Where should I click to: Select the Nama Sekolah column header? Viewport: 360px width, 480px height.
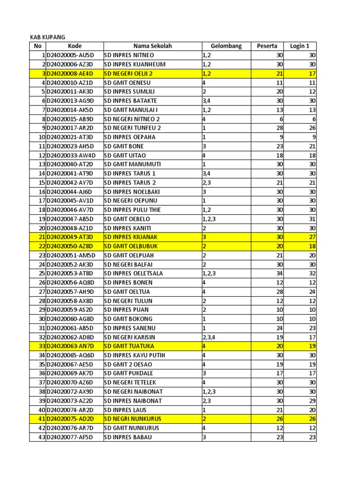pyautogui.click(x=153, y=46)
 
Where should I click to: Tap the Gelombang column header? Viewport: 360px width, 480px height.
pyautogui.click(x=226, y=46)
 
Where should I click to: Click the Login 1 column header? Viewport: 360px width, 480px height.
pyautogui.click(x=300, y=46)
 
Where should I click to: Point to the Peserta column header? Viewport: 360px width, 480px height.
pyautogui.click(x=267, y=46)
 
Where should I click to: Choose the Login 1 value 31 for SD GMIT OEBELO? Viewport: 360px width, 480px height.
pyautogui.click(x=312, y=219)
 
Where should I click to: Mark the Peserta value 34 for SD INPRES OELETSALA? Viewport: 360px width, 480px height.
pyautogui.click(x=279, y=274)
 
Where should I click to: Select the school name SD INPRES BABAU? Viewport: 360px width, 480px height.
pyautogui.click(x=127, y=437)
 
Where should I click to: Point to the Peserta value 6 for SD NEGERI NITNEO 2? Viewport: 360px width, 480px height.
pyautogui.click(x=281, y=119)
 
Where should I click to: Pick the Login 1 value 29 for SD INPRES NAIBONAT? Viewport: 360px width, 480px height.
pyautogui.click(x=312, y=401)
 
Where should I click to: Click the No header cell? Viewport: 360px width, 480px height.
pyautogui.click(x=38, y=46)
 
